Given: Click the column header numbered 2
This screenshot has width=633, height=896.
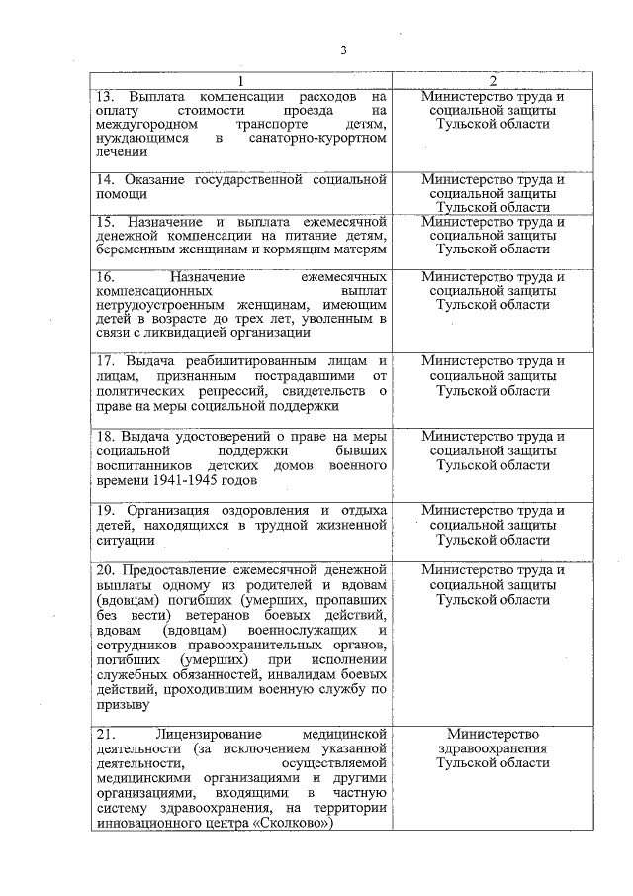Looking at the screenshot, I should (x=493, y=81).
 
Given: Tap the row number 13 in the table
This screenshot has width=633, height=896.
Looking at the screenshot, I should (x=104, y=97).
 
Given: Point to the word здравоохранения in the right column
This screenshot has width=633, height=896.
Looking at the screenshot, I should (x=493, y=748).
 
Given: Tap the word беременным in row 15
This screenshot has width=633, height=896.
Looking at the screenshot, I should (x=136, y=249).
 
